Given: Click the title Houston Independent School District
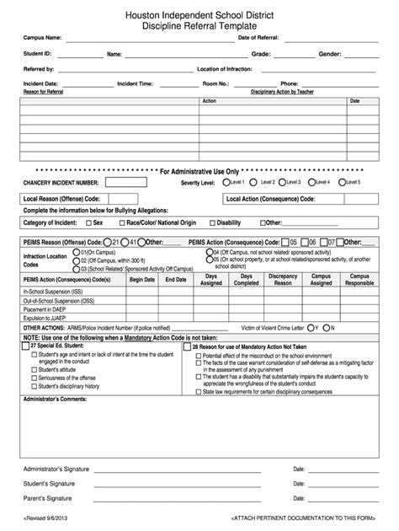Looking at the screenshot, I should point(199,15).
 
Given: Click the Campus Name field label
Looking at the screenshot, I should point(41,38).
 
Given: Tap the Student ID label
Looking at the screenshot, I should point(38,53).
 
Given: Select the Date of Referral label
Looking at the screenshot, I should point(259,38).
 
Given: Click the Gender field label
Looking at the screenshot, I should point(329,53).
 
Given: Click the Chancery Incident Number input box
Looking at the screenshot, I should point(127,182).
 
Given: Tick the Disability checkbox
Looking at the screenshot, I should point(211,223).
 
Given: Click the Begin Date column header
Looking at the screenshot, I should point(142,279).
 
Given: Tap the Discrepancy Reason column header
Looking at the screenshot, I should point(283,279).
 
